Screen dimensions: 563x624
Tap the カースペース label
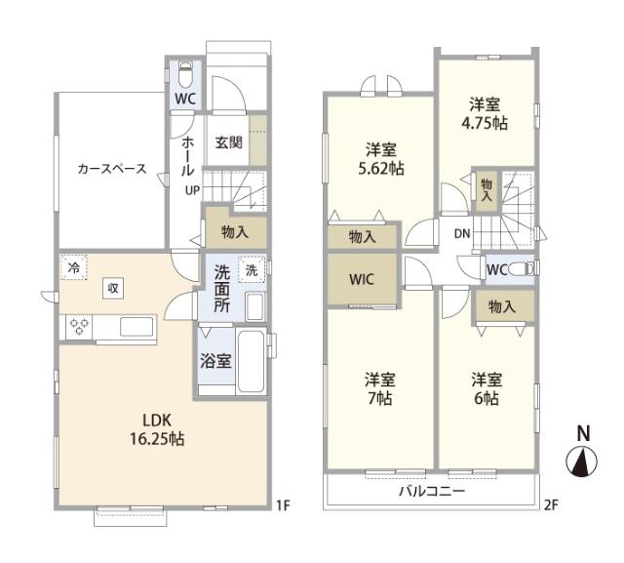point(112,169)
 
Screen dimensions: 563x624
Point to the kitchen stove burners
point(79,326)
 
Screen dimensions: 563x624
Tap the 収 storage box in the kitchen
point(115,288)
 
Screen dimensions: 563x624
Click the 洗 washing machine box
point(252,269)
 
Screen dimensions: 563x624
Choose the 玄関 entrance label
point(229,142)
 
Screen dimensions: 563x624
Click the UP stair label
point(193,190)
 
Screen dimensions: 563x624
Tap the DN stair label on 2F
point(462,234)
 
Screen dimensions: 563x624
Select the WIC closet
point(362,278)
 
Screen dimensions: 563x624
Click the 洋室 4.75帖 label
point(485,112)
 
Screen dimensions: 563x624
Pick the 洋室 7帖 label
point(378,388)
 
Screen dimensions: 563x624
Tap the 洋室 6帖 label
point(485,388)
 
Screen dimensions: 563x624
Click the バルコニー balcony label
point(431,491)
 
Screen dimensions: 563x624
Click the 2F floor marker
point(550,504)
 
